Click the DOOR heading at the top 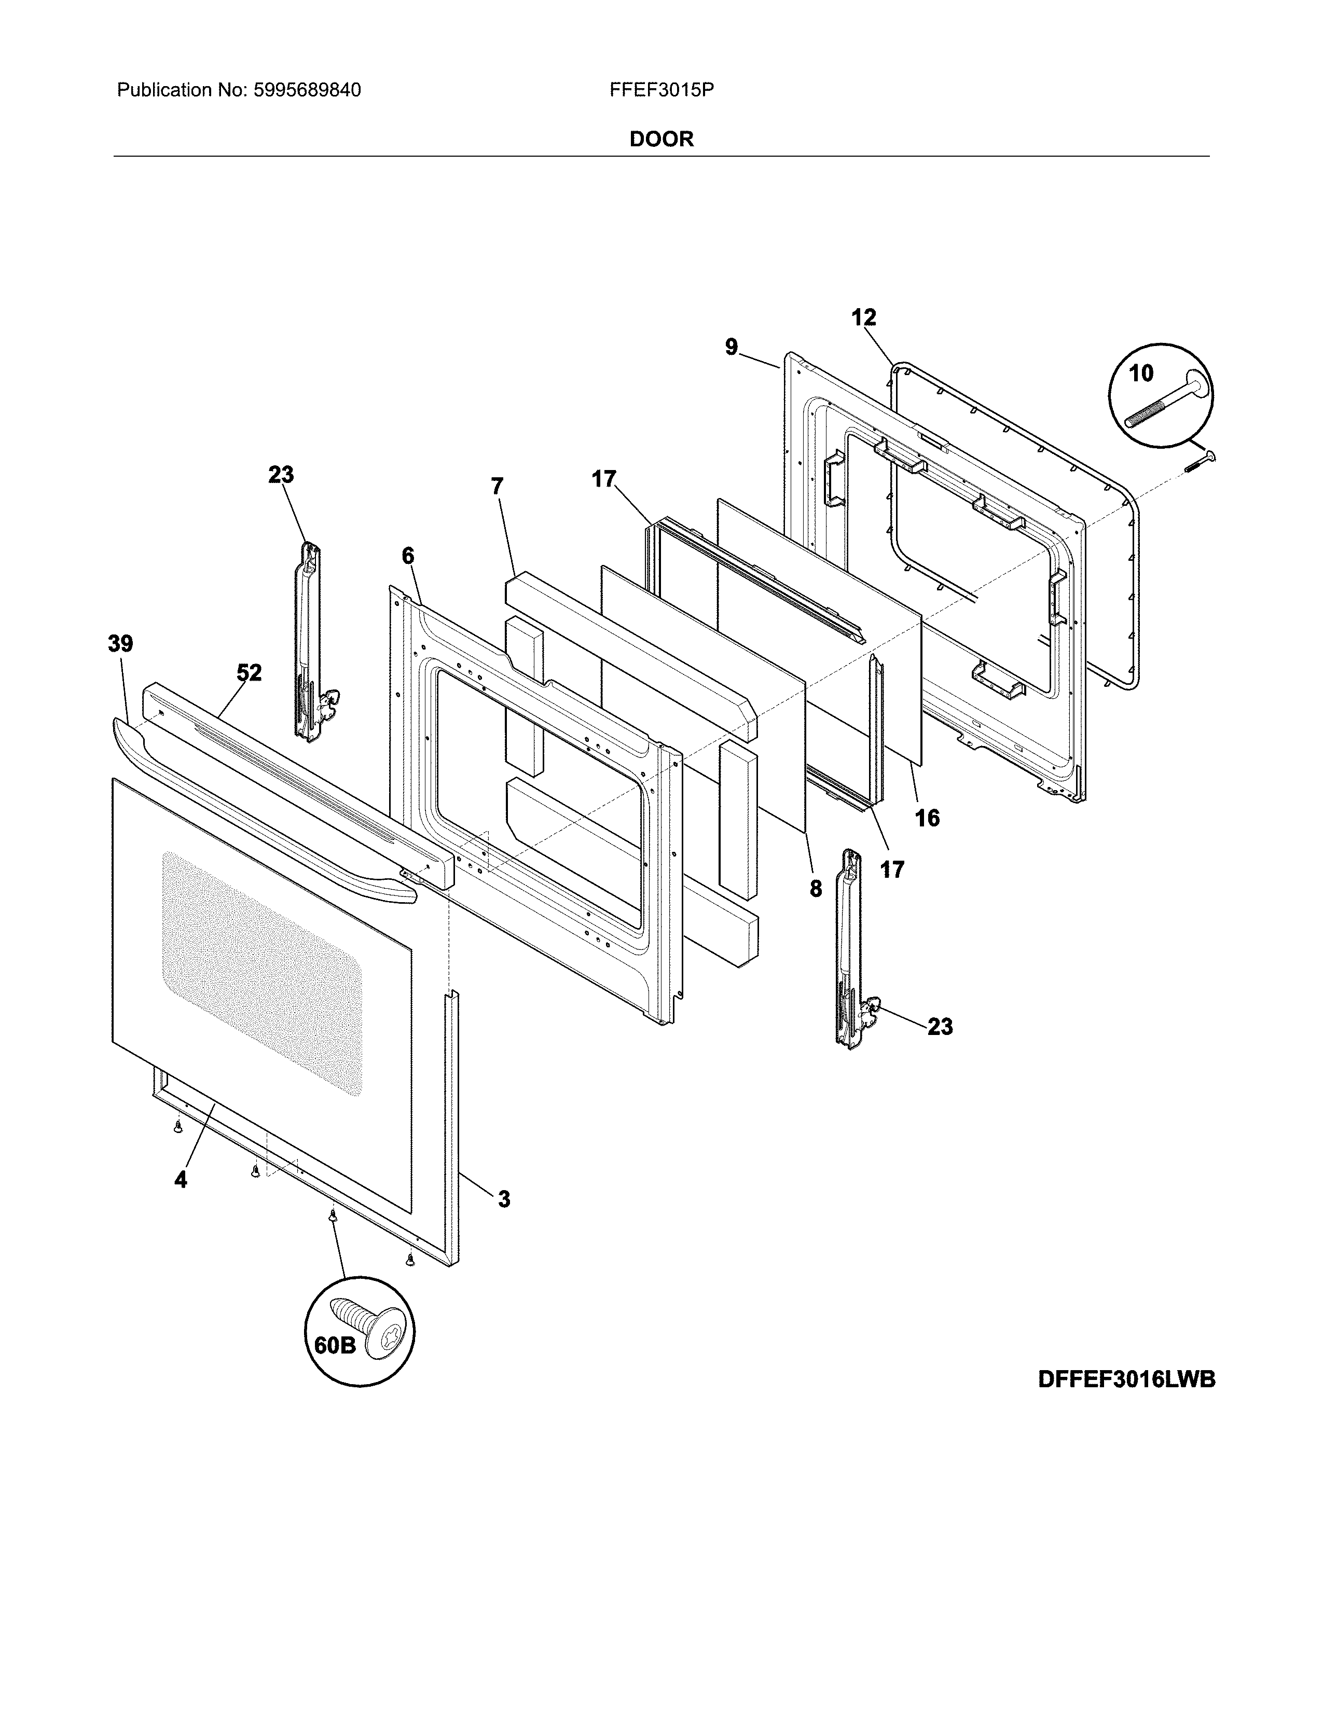661,140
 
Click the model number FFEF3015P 661,90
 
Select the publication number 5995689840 307,90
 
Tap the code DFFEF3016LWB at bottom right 1126,1379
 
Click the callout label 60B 336,1345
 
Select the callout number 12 864,317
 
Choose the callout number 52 249,672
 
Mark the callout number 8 816,888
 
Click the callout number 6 408,556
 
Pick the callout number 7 497,487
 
